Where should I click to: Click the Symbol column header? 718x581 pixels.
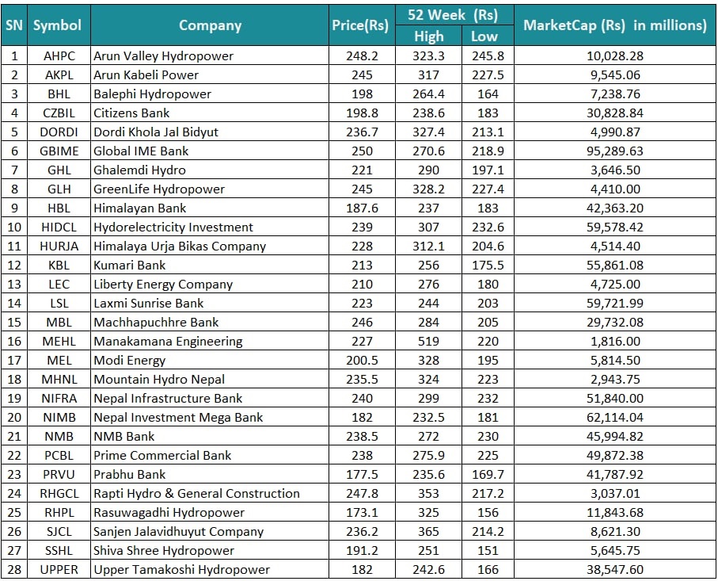coord(57,25)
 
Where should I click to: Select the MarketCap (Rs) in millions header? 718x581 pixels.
coord(614,25)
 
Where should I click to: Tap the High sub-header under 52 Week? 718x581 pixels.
coord(428,36)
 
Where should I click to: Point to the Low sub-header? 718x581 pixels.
coord(484,36)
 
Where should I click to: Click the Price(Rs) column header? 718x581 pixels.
coord(360,25)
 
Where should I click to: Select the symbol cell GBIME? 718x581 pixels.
coord(59,151)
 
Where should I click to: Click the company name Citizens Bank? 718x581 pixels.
coord(131,113)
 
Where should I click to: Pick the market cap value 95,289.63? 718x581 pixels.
coord(615,151)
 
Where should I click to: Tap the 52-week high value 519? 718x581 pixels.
coord(428,341)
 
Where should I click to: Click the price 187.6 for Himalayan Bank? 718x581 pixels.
coord(363,208)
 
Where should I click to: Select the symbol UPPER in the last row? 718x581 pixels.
coord(59,570)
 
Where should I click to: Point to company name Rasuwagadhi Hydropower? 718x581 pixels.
coord(169,512)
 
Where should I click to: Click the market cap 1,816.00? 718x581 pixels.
coord(615,341)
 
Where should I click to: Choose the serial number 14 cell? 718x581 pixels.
coord(14,303)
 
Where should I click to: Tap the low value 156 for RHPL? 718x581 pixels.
coord(488,512)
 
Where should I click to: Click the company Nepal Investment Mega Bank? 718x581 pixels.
coord(178,417)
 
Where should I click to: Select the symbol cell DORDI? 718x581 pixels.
coord(59,132)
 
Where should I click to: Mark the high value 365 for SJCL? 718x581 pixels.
coord(428,532)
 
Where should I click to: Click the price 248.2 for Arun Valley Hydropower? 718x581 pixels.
coord(363,56)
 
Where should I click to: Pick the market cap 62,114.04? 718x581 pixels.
coord(615,417)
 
